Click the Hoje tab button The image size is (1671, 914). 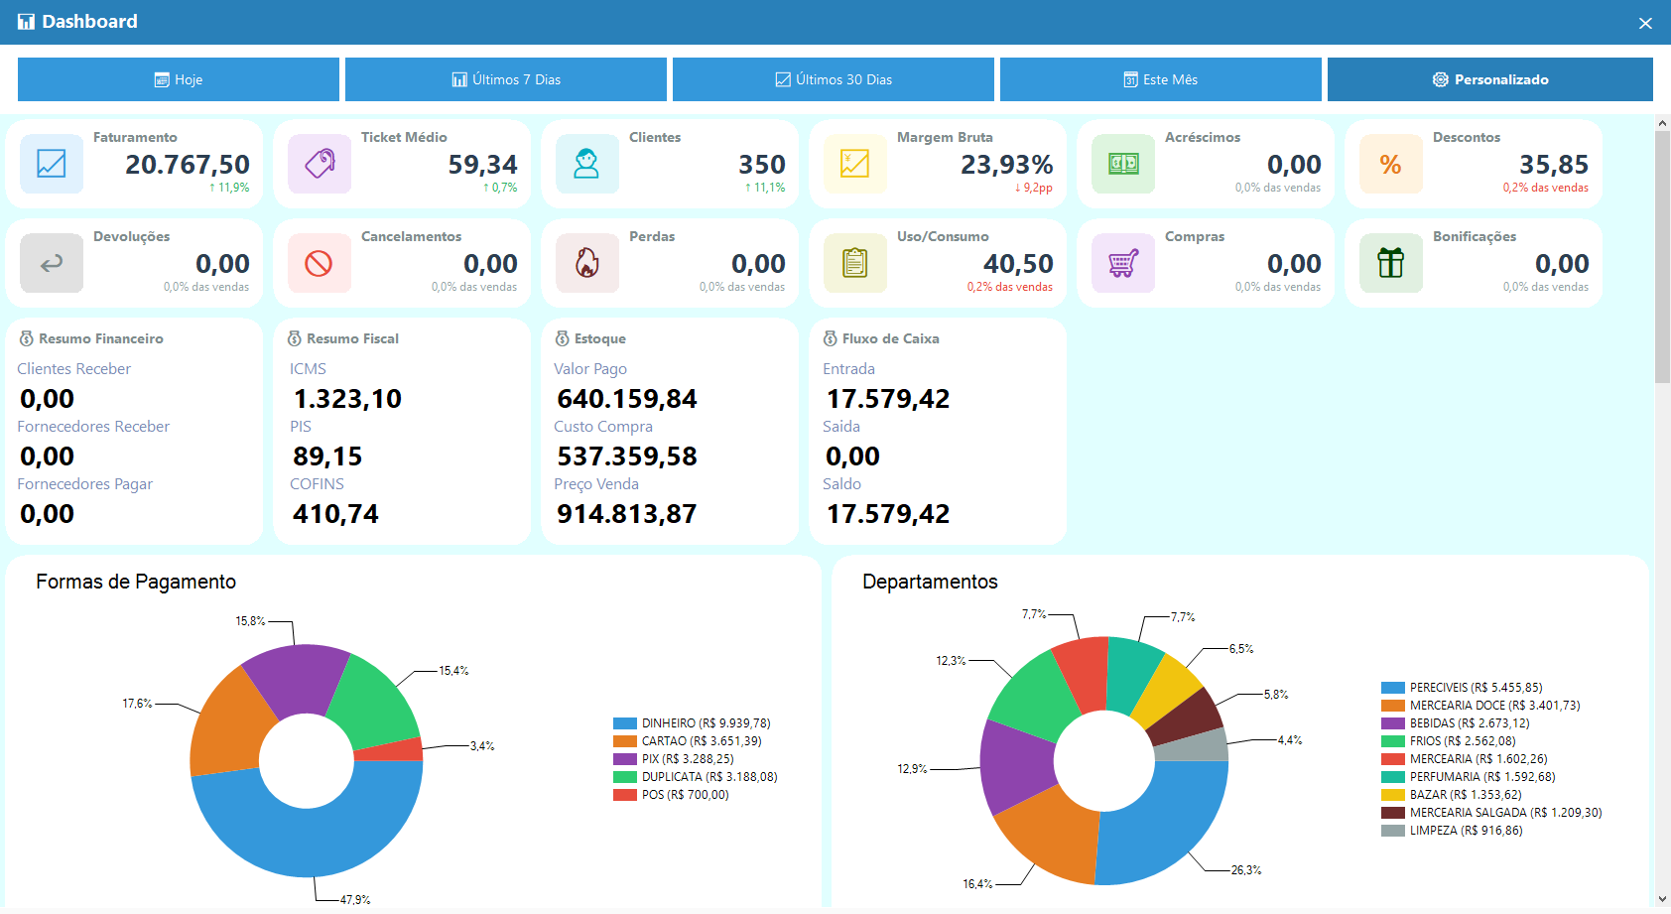point(179,79)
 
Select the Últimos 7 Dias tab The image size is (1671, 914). point(506,79)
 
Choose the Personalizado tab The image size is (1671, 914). point(1489,79)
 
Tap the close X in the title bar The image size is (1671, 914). point(1645,23)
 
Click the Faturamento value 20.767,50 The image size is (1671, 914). point(188,164)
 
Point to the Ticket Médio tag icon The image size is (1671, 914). point(320,164)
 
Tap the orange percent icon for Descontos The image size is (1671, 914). point(1390,164)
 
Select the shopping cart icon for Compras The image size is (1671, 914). point(1122,263)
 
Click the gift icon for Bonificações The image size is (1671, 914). point(1390,263)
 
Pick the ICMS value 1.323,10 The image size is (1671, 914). point(347,399)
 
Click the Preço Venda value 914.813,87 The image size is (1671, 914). point(627,514)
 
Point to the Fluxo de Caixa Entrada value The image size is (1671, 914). point(887,399)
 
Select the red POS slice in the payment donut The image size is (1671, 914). point(389,749)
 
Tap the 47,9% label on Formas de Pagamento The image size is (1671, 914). point(355,900)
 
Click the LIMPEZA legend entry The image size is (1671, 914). point(1452,831)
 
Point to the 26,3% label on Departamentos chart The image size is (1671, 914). point(1245,870)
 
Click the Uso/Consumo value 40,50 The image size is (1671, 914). point(1017,263)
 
